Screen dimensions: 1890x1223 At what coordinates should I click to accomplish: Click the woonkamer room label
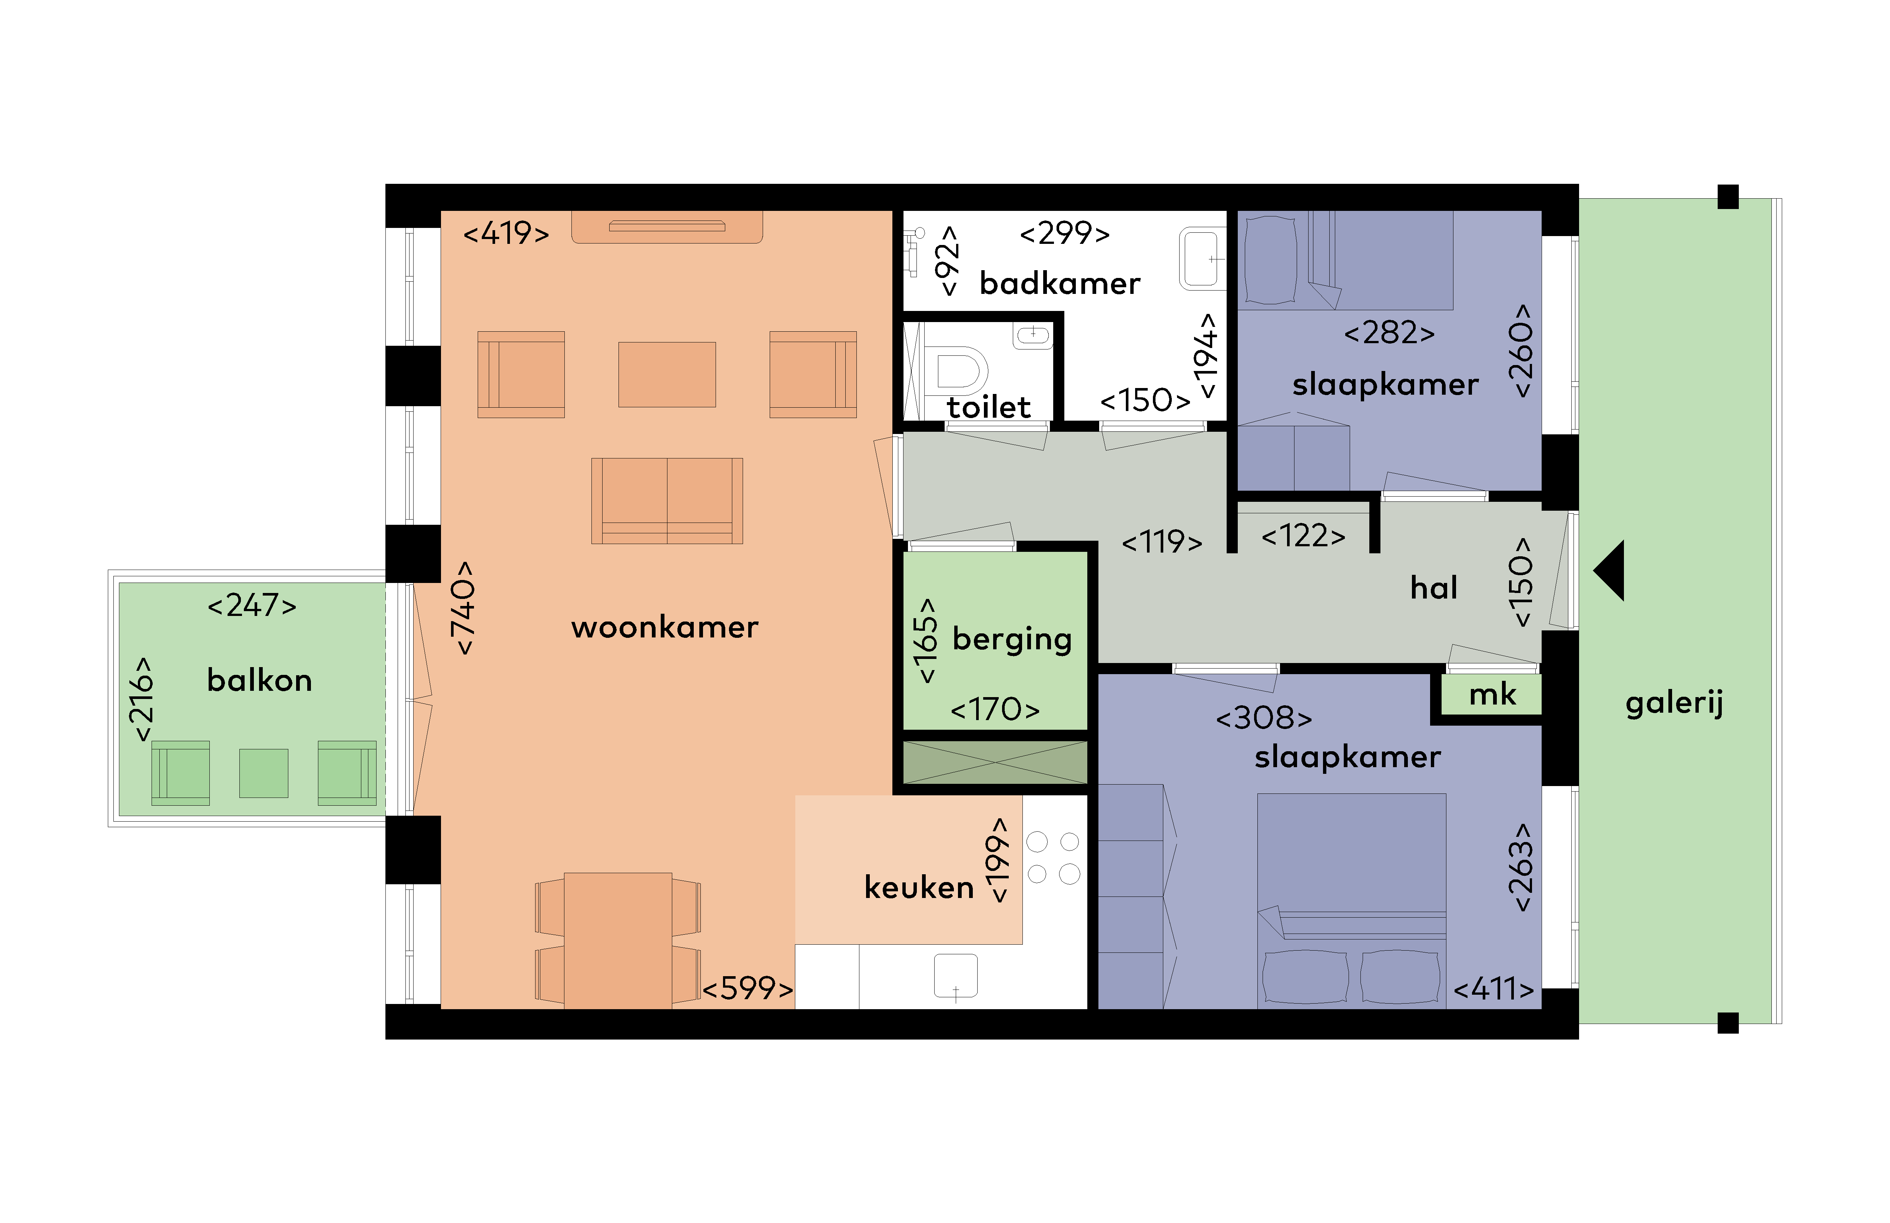pyautogui.click(x=665, y=627)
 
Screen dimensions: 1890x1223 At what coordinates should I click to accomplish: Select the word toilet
pyautogui.click(x=989, y=407)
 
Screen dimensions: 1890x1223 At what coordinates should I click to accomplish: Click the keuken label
pyautogui.click(x=919, y=887)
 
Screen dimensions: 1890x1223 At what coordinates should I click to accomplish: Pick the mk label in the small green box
pyautogui.click(x=1492, y=695)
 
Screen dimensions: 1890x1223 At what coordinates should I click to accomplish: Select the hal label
pyautogui.click(x=1433, y=588)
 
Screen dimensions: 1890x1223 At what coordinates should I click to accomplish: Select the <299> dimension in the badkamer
pyautogui.click(x=1065, y=233)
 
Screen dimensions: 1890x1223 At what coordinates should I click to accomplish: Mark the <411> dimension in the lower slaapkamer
pyautogui.click(x=1493, y=990)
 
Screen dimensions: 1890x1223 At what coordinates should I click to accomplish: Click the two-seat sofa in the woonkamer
pyautogui.click(x=667, y=500)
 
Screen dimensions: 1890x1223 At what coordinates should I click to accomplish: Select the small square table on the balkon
pyautogui.click(x=263, y=773)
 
